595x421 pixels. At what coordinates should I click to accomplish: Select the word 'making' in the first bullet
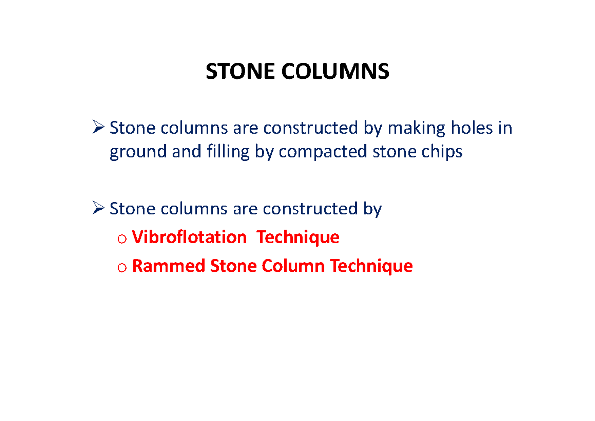click(x=416, y=128)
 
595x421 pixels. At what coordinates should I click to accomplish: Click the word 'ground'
click(x=138, y=152)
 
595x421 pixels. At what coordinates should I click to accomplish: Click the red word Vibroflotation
click(x=189, y=237)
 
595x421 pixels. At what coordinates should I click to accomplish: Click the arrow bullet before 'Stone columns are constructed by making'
click(x=98, y=129)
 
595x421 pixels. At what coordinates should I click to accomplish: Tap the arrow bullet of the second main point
click(x=98, y=209)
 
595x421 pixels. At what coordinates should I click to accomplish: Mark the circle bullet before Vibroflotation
click(x=122, y=239)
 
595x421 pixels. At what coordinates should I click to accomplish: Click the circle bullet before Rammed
click(x=122, y=268)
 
